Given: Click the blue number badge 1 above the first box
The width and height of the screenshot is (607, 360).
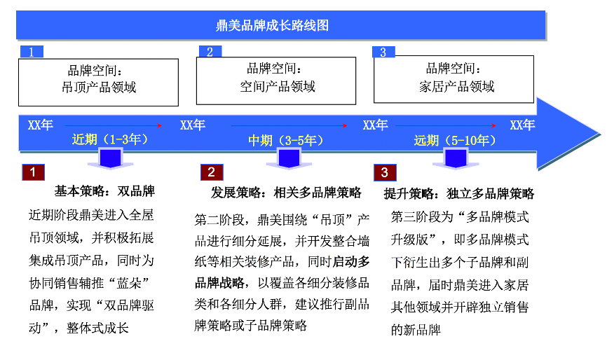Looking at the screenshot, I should (x=32, y=51).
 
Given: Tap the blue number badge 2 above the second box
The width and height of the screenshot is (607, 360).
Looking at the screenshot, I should (x=210, y=51).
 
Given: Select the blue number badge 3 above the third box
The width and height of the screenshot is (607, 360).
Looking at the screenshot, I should (x=383, y=52).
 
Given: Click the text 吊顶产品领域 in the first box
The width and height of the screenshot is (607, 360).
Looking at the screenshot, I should (x=99, y=88).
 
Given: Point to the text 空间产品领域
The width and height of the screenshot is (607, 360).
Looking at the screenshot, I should (x=278, y=87).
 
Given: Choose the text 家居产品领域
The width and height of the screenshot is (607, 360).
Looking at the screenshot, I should (x=457, y=87).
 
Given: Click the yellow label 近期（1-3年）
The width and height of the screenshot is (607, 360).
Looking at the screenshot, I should (x=110, y=139).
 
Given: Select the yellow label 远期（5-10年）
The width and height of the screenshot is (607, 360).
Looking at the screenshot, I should (x=456, y=140).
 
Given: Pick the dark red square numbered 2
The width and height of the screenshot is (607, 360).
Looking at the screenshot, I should (x=212, y=172).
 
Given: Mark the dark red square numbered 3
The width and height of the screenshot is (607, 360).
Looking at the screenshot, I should (x=384, y=172).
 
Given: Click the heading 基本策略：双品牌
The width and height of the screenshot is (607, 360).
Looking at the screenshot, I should (x=104, y=191).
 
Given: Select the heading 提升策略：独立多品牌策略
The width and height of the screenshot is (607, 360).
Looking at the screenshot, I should (x=459, y=193).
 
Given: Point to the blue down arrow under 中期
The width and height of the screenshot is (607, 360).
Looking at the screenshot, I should (x=285, y=159).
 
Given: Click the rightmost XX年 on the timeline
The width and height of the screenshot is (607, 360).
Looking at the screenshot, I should (x=522, y=125).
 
